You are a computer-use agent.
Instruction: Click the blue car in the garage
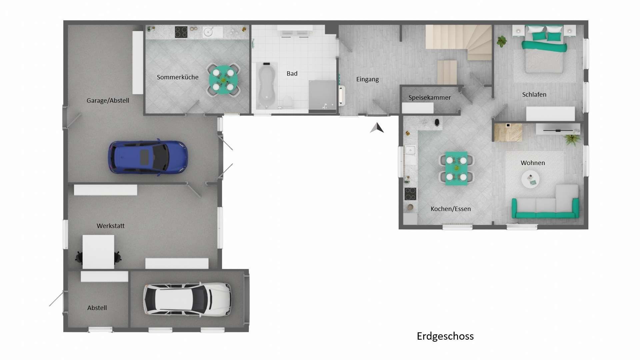click(148, 157)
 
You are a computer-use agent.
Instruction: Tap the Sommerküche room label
click(177, 77)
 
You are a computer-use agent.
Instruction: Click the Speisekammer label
click(429, 97)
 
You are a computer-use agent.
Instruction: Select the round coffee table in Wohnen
click(530, 179)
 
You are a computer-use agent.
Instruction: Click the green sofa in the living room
click(545, 207)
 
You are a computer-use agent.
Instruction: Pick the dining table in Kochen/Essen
click(456, 168)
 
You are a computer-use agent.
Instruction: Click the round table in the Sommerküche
click(223, 80)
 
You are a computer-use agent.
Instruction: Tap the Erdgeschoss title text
click(445, 336)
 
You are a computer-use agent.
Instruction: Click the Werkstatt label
click(110, 226)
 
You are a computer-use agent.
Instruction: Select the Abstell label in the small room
click(97, 308)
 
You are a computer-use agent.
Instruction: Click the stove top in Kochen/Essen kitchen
click(410, 194)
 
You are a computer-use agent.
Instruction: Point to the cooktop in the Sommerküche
click(181, 32)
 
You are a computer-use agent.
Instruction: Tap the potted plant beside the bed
click(502, 41)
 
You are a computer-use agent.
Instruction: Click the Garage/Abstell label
click(108, 100)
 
